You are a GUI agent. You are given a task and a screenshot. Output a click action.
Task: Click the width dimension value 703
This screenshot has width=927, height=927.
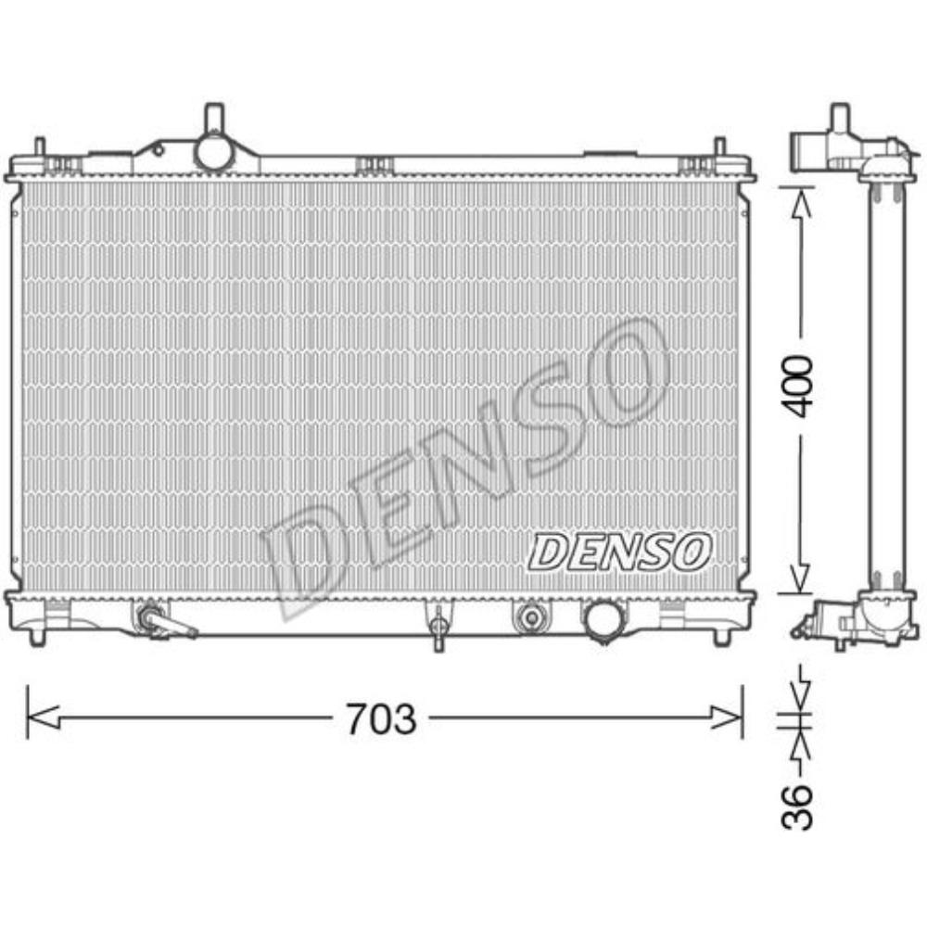point(381,717)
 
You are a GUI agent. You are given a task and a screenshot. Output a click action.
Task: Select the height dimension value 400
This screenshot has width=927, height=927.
point(796,384)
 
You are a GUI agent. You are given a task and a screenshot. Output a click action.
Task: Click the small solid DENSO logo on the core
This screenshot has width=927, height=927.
point(619,552)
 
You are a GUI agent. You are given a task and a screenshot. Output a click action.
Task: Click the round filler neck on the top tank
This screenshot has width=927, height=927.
point(213,151)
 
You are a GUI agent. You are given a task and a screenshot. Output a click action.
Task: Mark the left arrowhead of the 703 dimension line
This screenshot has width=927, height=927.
point(42,716)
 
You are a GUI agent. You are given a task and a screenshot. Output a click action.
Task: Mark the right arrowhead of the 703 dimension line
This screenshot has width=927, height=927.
point(728,716)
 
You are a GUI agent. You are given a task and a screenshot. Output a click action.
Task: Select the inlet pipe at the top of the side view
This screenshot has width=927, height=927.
point(840,120)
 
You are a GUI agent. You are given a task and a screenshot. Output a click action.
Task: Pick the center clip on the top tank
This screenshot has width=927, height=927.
point(375,165)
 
